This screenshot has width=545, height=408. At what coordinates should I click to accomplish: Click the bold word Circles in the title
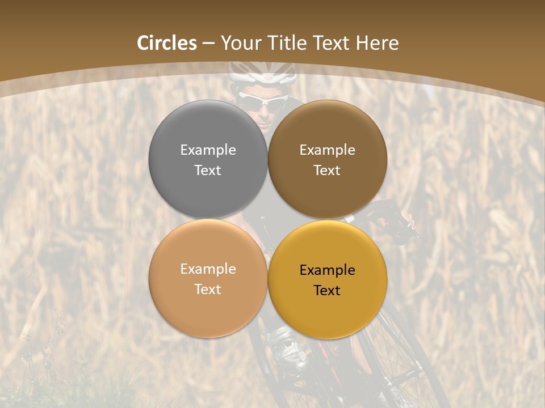167,43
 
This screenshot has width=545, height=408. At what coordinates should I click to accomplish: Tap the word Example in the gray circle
208,150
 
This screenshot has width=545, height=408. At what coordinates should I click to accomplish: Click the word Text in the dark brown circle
327,171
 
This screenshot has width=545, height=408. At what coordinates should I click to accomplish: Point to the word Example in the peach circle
208,269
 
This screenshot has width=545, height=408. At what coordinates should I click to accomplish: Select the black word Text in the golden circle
327,291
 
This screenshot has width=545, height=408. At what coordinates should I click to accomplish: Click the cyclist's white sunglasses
262,101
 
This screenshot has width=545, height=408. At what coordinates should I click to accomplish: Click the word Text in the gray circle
208,171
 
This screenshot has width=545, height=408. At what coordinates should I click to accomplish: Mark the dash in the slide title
208,44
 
